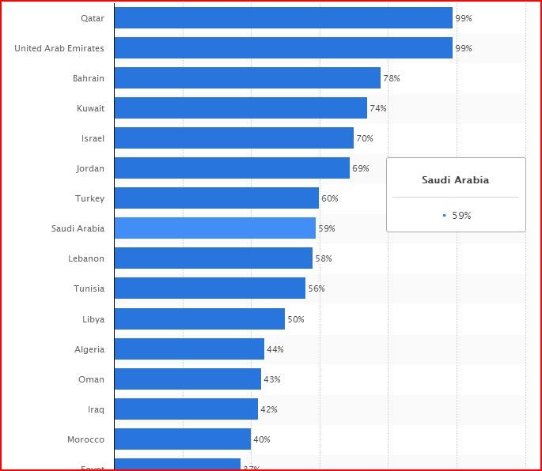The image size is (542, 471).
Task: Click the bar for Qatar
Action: (x=283, y=18)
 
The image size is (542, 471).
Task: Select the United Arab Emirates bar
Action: (x=283, y=48)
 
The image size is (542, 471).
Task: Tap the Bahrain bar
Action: (x=247, y=78)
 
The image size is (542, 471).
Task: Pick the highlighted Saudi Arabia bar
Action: (x=214, y=228)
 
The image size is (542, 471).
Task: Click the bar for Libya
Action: (x=199, y=319)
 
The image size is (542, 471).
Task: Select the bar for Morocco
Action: (x=182, y=439)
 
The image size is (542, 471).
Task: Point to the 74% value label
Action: (x=378, y=108)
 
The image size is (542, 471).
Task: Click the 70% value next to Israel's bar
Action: (x=365, y=138)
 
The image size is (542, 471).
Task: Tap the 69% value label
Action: (x=361, y=168)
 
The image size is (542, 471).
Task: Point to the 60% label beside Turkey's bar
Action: (x=330, y=198)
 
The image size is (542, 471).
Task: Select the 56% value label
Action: (x=316, y=288)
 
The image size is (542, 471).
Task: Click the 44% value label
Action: (x=275, y=349)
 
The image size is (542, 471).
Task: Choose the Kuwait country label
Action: (x=90, y=108)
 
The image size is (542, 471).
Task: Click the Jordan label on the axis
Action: (x=90, y=168)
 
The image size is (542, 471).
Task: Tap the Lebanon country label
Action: (x=86, y=258)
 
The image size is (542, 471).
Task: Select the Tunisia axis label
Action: (x=89, y=288)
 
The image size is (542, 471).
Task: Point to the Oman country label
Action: (x=91, y=379)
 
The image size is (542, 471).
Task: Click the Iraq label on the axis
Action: (x=95, y=409)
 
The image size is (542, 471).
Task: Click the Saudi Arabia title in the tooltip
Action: (x=455, y=180)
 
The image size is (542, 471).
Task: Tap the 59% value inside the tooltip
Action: (x=461, y=215)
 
